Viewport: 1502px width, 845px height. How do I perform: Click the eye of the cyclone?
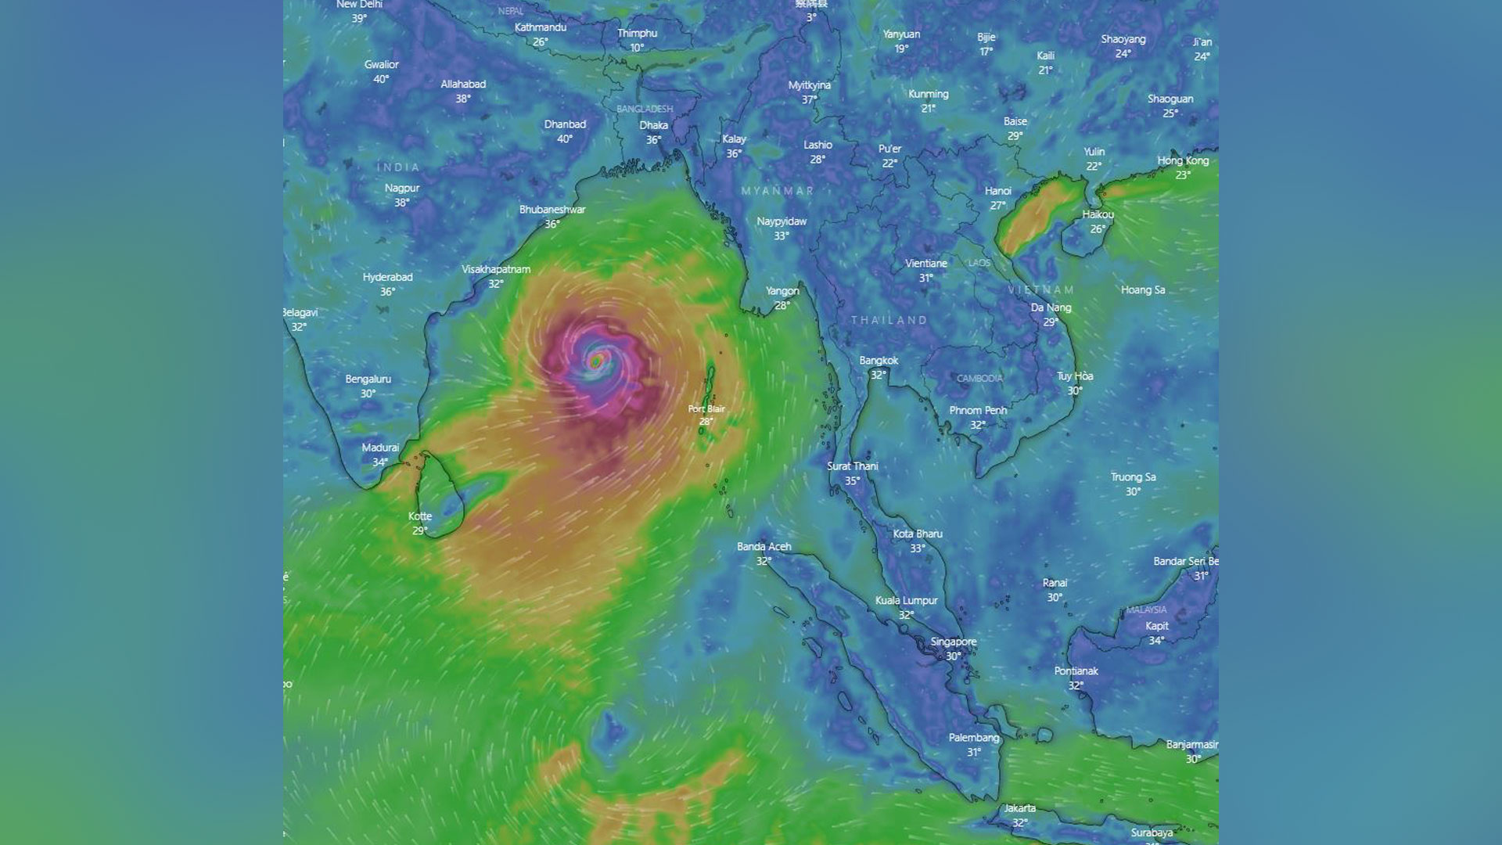coord(596,361)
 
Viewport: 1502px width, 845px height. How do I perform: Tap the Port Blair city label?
coord(706,409)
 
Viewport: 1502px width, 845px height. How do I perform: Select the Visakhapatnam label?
coord(496,269)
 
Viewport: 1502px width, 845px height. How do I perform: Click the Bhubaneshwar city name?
coord(552,210)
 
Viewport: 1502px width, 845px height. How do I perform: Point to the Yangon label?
coord(782,291)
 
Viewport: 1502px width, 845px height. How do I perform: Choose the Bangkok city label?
coord(879,361)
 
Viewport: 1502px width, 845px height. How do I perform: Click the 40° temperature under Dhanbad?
coord(565,139)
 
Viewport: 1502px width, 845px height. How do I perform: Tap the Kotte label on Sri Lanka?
coord(420,516)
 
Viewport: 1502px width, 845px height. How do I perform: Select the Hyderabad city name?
coord(387,277)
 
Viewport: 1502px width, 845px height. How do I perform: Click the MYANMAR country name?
coord(778,191)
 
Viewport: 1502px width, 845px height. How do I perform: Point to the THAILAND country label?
coord(889,320)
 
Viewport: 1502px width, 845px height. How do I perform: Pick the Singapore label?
coord(954,642)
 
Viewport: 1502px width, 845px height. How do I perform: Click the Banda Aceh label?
coord(764,547)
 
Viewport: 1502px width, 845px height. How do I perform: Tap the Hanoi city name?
coord(998,191)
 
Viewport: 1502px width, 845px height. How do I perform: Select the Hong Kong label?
coord(1183,161)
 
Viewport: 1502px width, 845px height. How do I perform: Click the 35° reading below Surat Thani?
coord(852,481)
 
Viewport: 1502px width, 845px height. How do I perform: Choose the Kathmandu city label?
coord(541,27)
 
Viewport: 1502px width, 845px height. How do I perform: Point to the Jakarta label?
coord(1020,808)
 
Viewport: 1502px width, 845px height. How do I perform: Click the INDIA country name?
coord(399,167)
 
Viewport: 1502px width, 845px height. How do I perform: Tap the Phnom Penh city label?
coord(978,410)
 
